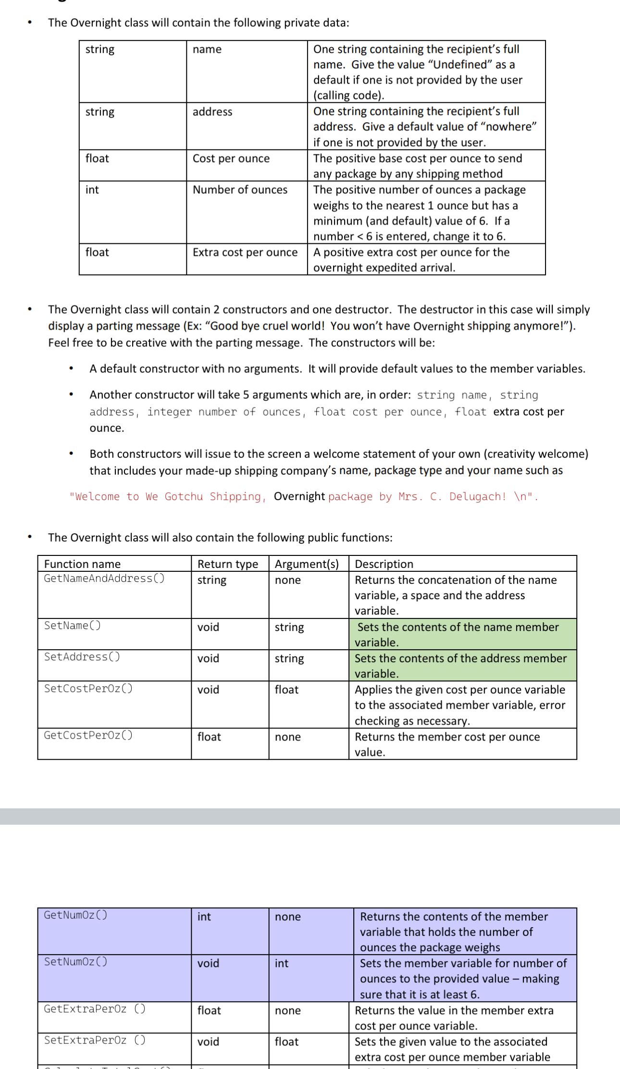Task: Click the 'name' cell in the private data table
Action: click(207, 49)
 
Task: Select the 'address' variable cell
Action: click(212, 112)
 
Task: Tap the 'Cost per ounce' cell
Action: click(231, 158)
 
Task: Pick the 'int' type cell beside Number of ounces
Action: click(92, 189)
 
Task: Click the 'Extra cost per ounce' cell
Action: click(245, 252)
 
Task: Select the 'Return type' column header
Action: click(228, 564)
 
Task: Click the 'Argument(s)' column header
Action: click(307, 564)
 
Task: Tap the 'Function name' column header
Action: click(82, 564)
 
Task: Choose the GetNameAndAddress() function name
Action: click(104, 579)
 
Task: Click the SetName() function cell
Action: click(73, 626)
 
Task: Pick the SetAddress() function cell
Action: click(82, 657)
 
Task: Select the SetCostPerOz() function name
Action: click(88, 688)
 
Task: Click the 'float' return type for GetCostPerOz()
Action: click(209, 737)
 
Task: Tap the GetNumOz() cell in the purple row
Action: click(75, 915)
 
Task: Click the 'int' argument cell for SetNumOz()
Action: click(282, 963)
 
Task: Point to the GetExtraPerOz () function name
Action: click(95, 1009)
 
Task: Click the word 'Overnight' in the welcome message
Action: click(299, 496)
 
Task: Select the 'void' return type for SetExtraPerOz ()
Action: click(208, 1042)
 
